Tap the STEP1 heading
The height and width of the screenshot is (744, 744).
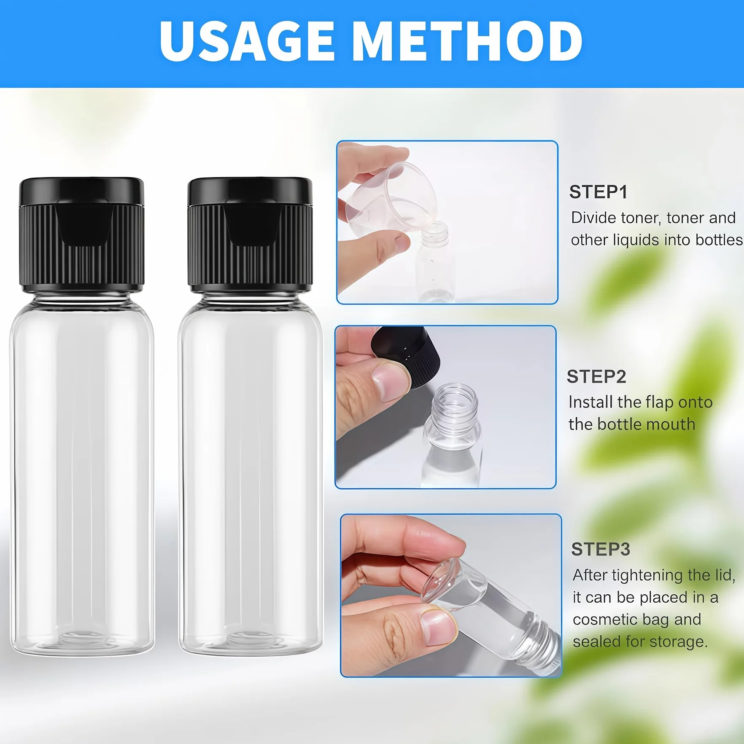tap(598, 192)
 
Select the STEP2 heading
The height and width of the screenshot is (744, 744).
tap(596, 377)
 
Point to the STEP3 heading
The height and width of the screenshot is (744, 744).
tap(601, 549)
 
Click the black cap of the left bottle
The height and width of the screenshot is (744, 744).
tap(82, 235)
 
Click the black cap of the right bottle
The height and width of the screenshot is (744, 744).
tap(250, 235)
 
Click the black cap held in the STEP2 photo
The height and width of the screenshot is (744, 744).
tap(407, 354)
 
